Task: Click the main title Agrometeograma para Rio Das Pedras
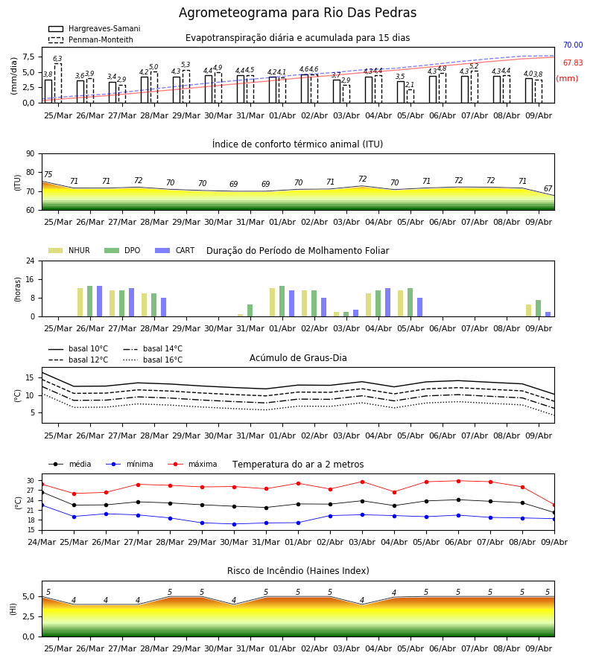coord(297,13)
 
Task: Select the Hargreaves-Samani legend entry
coord(95,28)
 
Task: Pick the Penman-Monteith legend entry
coord(91,39)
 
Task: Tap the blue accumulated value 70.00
coord(573,45)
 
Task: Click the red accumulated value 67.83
coord(573,63)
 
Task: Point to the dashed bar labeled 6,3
coord(57,83)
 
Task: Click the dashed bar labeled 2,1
coord(410,96)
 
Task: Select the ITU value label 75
coord(48,174)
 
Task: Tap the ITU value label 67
coord(548,188)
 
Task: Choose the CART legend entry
coord(175,250)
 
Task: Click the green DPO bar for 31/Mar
coord(250,310)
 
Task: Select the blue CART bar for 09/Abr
coord(548,314)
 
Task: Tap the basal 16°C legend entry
coord(153,360)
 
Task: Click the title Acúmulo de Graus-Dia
coord(298,358)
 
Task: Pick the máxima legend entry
coord(192,464)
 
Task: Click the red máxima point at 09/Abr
coord(554,505)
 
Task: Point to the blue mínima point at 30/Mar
coord(234,524)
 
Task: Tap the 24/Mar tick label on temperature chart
coord(42,542)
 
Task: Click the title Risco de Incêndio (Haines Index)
coord(298,571)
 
